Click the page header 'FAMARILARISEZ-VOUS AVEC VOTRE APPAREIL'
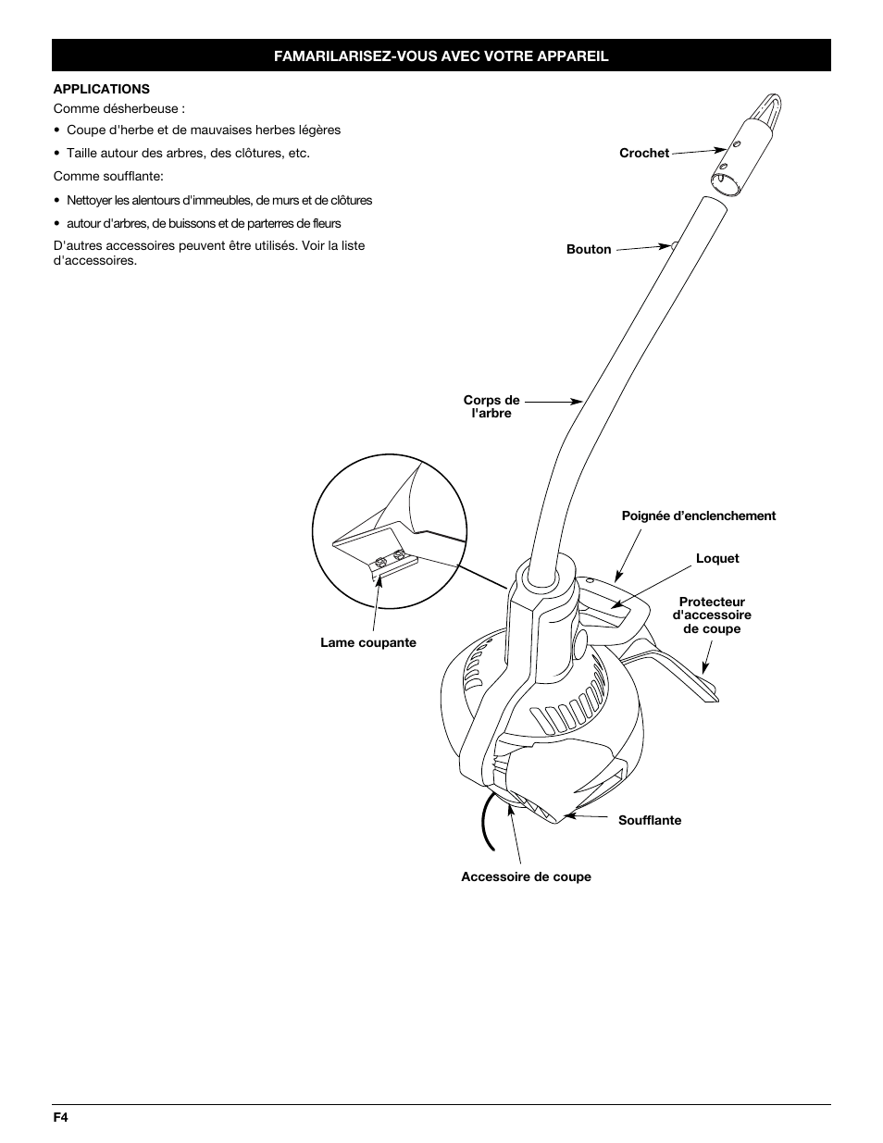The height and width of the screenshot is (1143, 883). (441, 56)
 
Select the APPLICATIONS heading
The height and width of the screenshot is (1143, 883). (101, 89)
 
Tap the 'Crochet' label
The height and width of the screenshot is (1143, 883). (643, 154)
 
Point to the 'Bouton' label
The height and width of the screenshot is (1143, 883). (589, 250)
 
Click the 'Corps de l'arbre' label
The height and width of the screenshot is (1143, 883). (491, 407)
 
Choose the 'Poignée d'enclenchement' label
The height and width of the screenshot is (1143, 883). (698, 516)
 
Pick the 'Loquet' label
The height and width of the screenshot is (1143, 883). (716, 559)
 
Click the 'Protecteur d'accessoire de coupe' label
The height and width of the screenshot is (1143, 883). (711, 615)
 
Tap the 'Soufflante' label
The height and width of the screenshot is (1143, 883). (649, 821)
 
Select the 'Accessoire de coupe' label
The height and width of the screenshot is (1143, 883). (526, 877)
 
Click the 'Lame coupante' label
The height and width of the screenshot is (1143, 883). (367, 643)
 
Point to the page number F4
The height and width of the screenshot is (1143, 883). (61, 1117)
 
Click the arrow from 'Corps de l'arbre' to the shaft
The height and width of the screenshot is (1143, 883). (553, 402)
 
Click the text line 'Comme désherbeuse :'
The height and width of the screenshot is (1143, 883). (118, 108)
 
